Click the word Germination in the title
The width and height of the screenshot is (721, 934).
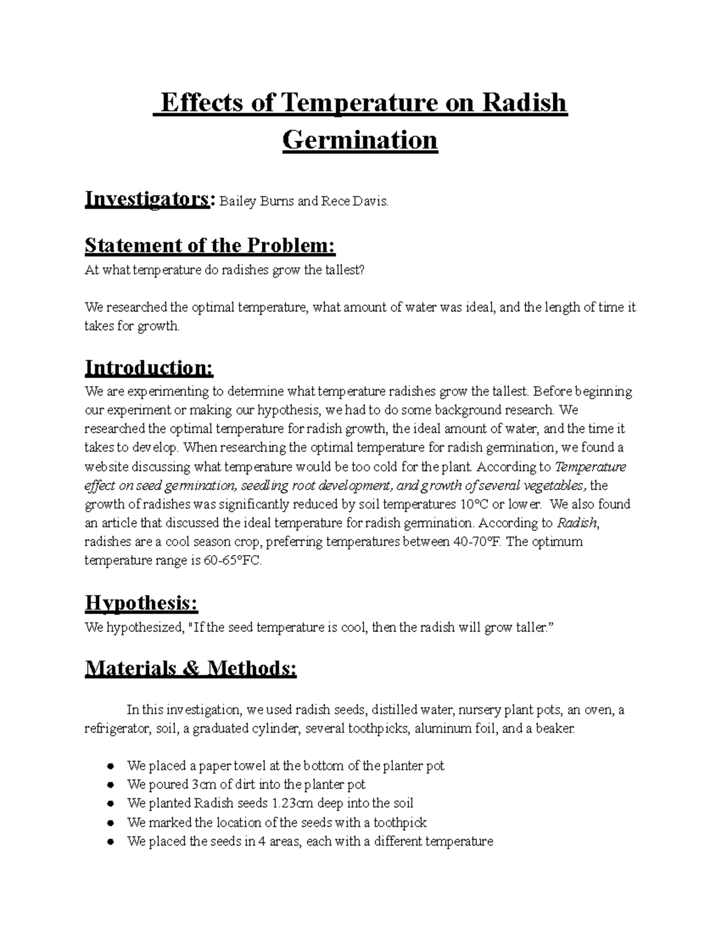[x=360, y=140]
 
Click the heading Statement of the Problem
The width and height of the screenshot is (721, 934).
[x=210, y=245]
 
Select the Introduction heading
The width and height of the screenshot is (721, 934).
[x=149, y=367]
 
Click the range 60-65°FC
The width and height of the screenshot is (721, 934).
[x=231, y=561]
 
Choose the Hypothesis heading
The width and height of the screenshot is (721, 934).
[x=141, y=603]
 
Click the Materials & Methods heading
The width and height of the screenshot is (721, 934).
[x=190, y=668]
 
